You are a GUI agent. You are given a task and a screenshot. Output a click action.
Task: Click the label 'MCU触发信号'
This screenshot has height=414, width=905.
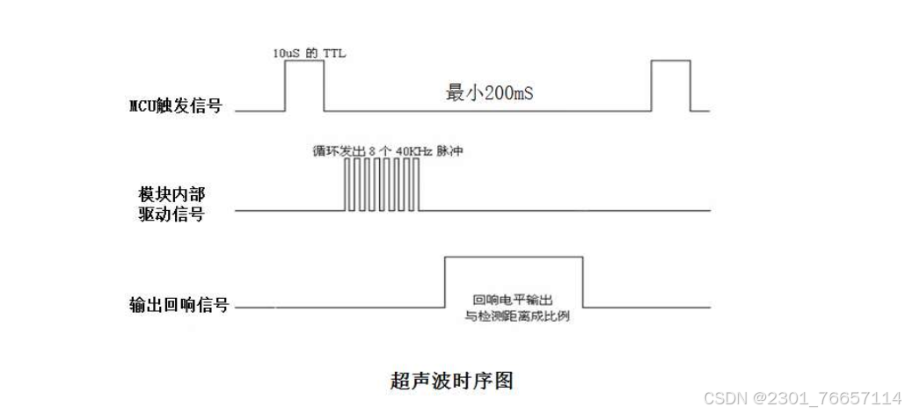click(172, 107)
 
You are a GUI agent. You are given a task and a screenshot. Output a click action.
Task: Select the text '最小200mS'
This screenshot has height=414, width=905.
click(490, 93)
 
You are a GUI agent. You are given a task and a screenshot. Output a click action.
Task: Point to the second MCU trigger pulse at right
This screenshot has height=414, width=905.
click(670, 85)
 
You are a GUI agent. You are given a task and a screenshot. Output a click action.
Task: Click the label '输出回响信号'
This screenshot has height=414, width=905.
click(179, 305)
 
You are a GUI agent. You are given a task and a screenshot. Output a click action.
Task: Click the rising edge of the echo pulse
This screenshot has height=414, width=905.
click(445, 281)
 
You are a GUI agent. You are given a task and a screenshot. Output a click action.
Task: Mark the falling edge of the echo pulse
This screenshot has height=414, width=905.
click(584, 281)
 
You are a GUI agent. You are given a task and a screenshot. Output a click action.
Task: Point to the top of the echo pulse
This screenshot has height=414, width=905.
click(515, 257)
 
